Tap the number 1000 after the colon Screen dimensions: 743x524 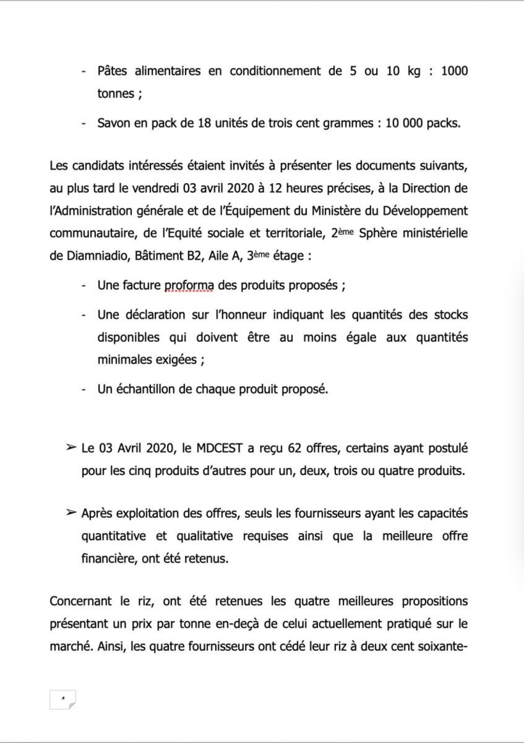pos(454,71)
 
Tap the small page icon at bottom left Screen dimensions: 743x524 pos(63,699)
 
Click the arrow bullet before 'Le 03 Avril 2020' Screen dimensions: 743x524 pos(71,447)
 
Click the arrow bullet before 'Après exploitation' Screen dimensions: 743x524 pos(71,513)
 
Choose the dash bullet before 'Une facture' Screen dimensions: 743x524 pos(84,286)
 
